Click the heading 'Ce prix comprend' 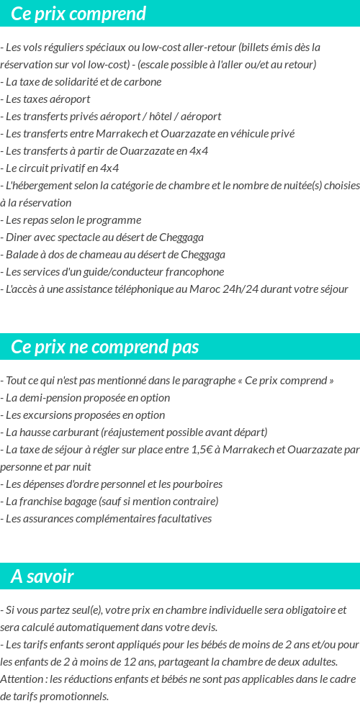click(x=78, y=14)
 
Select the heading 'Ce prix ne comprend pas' click(x=104, y=347)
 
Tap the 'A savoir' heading click(x=42, y=576)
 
